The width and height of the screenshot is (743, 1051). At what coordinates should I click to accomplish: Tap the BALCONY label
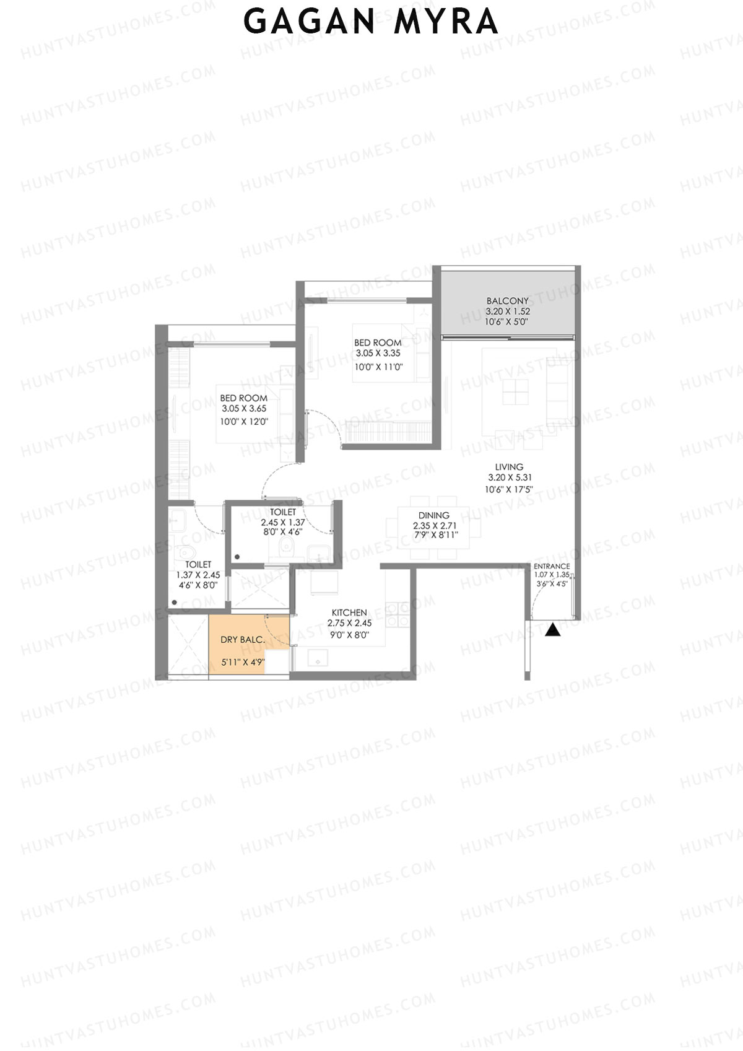pyautogui.click(x=508, y=301)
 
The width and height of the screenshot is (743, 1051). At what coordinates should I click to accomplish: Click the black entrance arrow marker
pyautogui.click(x=553, y=630)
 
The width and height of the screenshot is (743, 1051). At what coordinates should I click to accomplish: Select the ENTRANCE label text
pyautogui.click(x=552, y=566)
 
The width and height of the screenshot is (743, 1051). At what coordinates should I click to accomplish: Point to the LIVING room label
pyautogui.click(x=509, y=466)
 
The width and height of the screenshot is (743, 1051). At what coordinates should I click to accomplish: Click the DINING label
pyautogui.click(x=433, y=515)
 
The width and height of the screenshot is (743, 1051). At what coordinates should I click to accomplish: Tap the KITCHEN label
pyautogui.click(x=349, y=613)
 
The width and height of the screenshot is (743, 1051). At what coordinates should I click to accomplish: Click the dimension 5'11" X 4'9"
pyautogui.click(x=243, y=662)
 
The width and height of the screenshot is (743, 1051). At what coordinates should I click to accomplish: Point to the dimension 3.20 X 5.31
pyautogui.click(x=510, y=478)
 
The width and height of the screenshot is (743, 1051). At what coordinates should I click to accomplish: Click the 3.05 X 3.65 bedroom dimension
pyautogui.click(x=244, y=409)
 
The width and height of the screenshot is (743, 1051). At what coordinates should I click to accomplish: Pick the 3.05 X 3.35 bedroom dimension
pyautogui.click(x=378, y=354)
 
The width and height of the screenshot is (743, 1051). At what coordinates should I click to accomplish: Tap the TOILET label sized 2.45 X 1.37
pyautogui.click(x=282, y=512)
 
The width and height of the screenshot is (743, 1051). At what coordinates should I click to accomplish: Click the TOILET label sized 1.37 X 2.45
pyautogui.click(x=198, y=564)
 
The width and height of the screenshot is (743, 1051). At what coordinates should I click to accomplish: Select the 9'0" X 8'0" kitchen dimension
pyautogui.click(x=349, y=634)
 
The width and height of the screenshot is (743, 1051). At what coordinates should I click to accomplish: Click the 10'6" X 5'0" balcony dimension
pyautogui.click(x=508, y=322)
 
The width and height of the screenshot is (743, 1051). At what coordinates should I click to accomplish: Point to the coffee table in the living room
pyautogui.click(x=516, y=391)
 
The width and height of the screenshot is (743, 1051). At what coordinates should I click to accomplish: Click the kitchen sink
pyautogui.click(x=318, y=660)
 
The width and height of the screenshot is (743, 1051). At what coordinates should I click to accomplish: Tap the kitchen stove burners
pyautogui.click(x=397, y=613)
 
